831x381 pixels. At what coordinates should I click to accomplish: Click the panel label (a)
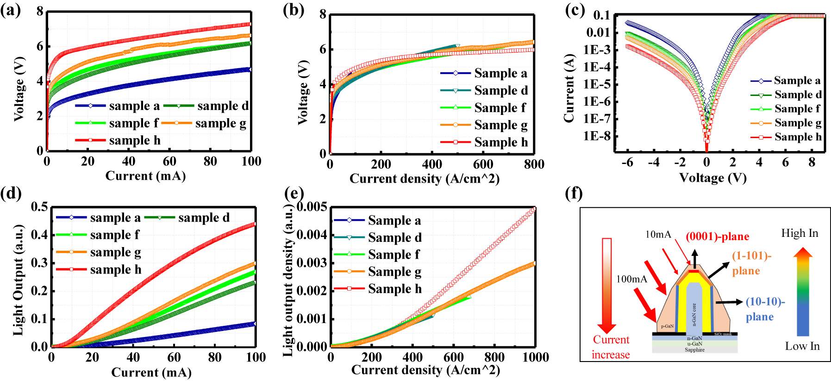point(10,10)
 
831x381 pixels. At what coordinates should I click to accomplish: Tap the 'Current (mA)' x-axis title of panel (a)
point(145,176)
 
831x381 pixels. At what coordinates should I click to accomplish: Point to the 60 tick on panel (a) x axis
point(169,161)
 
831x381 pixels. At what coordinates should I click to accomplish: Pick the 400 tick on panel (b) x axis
point(431,164)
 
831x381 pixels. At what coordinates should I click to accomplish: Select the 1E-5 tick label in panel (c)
point(597,84)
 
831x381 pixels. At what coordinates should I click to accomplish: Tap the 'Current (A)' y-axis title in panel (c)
point(569,88)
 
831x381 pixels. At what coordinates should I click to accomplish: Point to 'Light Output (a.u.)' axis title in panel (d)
point(18,280)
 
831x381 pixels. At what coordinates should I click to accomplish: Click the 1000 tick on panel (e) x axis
point(536,357)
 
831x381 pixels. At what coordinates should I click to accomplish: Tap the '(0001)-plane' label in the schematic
point(717,236)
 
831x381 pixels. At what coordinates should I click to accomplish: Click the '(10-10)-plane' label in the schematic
point(765,309)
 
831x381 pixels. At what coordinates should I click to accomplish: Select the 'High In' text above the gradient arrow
point(800,233)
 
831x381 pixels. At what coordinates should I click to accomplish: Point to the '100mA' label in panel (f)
point(631,279)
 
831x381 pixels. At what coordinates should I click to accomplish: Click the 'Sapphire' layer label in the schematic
point(694,349)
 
